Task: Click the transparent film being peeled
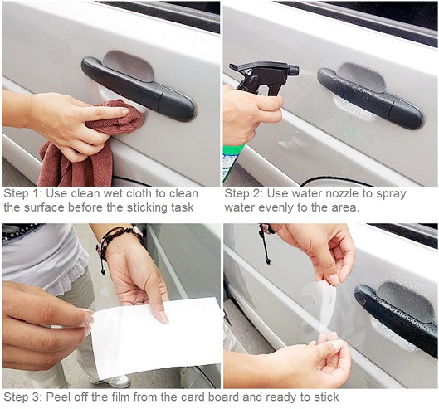333,314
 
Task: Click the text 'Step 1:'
22,193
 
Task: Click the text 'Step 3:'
22,397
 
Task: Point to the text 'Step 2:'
243,193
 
